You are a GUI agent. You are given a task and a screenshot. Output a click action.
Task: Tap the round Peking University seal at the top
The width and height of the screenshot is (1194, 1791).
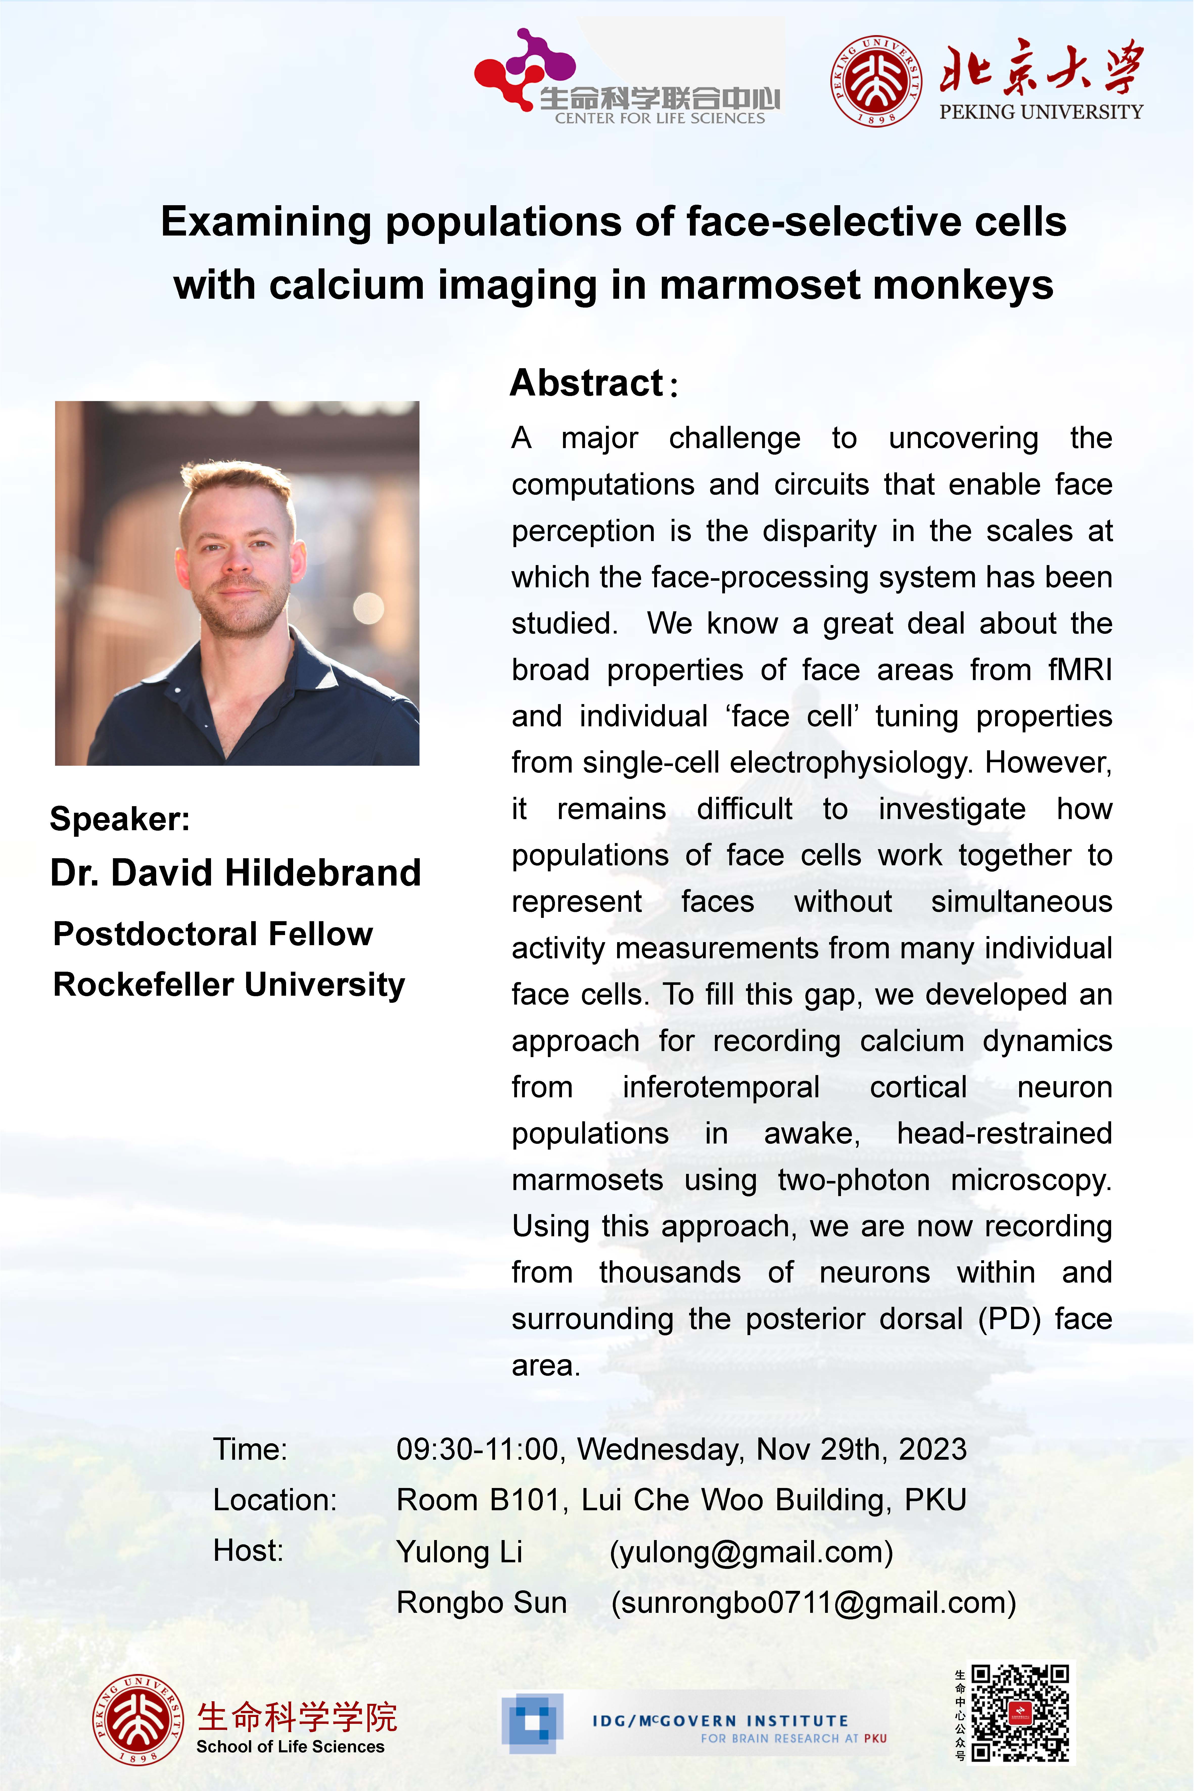(x=876, y=81)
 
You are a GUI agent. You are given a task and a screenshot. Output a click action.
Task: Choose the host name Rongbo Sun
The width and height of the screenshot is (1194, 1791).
(x=481, y=1602)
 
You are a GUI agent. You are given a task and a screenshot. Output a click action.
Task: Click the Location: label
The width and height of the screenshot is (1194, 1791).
(x=274, y=1500)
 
